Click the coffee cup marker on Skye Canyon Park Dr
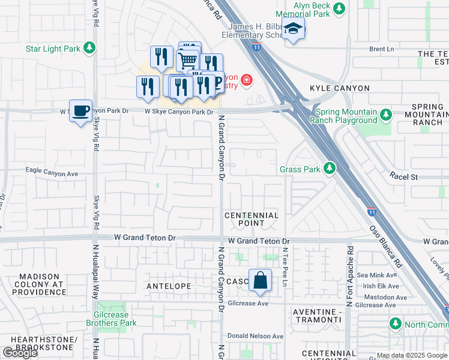click(80, 110)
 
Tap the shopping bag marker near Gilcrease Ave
click(260, 280)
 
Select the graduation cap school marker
click(292, 29)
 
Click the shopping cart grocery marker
click(188, 59)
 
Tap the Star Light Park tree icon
click(89, 47)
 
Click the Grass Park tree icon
click(329, 169)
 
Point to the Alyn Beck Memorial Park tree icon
click(340, 8)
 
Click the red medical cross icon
click(246, 80)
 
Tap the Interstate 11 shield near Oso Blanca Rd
click(372, 212)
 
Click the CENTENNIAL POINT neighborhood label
click(252, 219)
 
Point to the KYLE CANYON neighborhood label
click(339, 88)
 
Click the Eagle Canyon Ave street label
click(52, 172)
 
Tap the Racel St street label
click(403, 177)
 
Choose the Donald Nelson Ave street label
click(255, 336)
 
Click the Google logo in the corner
click(20, 353)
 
